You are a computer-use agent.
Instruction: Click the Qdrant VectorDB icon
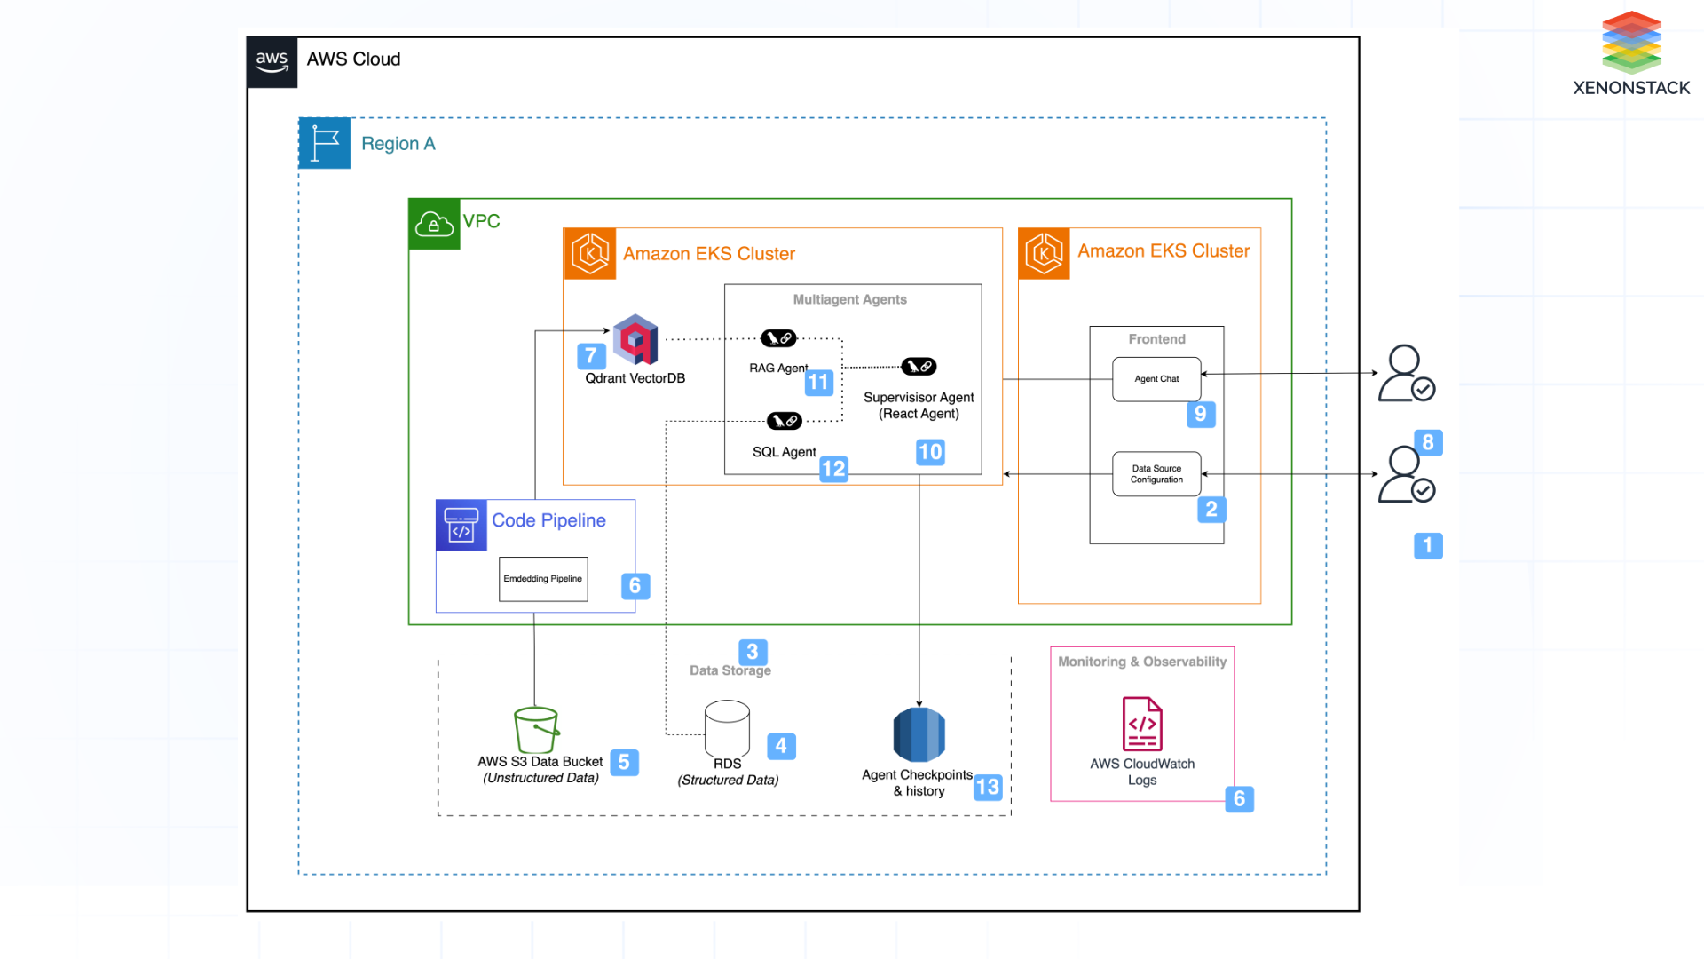point(635,339)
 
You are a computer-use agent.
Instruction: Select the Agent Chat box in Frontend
point(1156,379)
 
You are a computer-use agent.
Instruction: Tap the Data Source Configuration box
point(1156,474)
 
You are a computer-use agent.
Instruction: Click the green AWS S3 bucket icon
point(536,730)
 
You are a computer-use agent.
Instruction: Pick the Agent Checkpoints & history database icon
point(919,734)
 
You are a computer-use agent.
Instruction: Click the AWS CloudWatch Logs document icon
point(1142,724)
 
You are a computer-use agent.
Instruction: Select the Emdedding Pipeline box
point(543,579)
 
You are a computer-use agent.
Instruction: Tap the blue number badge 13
point(987,787)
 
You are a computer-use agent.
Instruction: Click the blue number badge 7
point(591,355)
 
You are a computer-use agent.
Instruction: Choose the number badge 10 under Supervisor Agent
point(930,452)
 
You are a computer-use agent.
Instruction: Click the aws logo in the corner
point(272,62)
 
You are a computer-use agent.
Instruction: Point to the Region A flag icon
point(325,143)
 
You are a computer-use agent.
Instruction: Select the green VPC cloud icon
point(434,224)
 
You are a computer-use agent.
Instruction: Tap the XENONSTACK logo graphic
point(1631,42)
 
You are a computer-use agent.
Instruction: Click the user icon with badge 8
point(1406,475)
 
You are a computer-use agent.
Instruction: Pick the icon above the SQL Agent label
point(785,421)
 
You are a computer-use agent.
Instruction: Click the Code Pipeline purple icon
point(461,525)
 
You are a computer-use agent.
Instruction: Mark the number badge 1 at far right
point(1427,545)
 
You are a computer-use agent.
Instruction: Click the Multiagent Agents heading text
point(849,300)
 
